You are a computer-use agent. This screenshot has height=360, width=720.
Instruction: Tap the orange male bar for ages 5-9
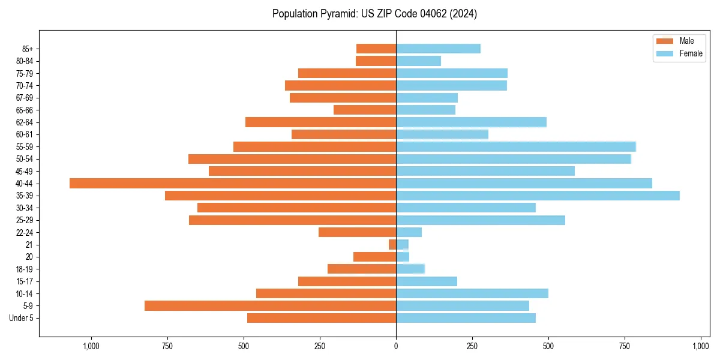[270, 306]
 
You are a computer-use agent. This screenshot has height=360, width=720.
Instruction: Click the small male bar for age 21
[392, 245]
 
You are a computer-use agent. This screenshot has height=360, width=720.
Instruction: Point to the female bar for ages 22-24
[409, 232]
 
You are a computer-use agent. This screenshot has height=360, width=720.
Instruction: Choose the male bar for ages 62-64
[320, 122]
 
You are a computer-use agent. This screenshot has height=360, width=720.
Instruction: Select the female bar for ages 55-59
[516, 147]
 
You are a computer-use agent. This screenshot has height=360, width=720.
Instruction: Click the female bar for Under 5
[466, 318]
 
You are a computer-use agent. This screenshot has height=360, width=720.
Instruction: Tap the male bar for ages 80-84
[376, 61]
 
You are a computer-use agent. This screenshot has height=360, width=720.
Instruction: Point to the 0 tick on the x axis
[396, 346]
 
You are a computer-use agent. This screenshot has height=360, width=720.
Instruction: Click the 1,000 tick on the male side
[91, 346]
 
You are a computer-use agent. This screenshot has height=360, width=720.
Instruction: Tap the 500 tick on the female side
[548, 346]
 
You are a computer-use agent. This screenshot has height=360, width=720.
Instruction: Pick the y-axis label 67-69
[25, 98]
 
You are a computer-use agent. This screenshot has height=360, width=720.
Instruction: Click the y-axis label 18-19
[25, 269]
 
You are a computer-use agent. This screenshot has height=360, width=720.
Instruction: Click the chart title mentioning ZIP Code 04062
[374, 14]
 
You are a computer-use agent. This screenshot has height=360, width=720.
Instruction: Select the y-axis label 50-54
[25, 159]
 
